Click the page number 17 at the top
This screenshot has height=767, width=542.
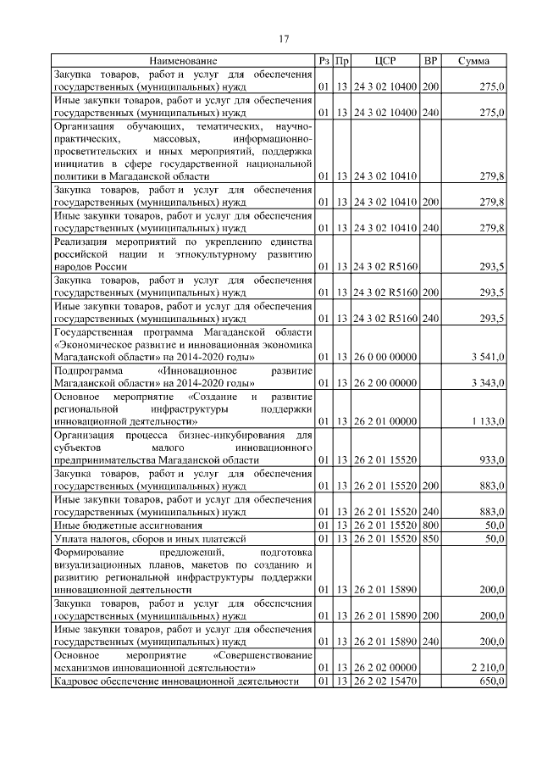284,38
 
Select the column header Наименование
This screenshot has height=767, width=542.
183,61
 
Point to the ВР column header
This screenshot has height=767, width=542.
430,61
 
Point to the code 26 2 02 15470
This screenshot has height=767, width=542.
385,681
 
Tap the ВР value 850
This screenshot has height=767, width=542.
430,538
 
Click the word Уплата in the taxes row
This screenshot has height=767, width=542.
70,538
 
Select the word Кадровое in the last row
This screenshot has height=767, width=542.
77,681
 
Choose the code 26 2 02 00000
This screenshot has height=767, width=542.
385,667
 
